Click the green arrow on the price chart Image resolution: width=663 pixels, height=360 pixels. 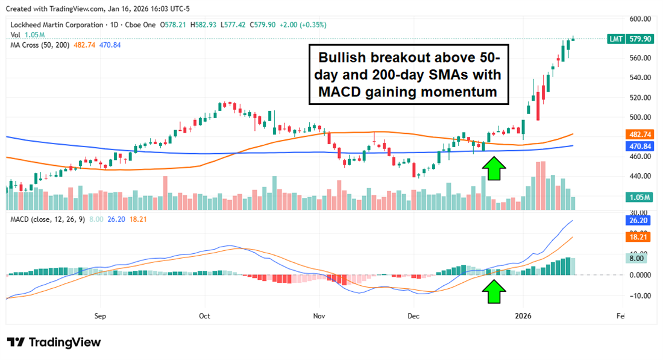click(494, 169)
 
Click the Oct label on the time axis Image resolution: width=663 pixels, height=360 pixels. click(204, 315)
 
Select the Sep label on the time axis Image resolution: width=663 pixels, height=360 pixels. click(100, 315)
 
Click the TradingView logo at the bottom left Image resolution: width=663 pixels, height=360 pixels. click(54, 342)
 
